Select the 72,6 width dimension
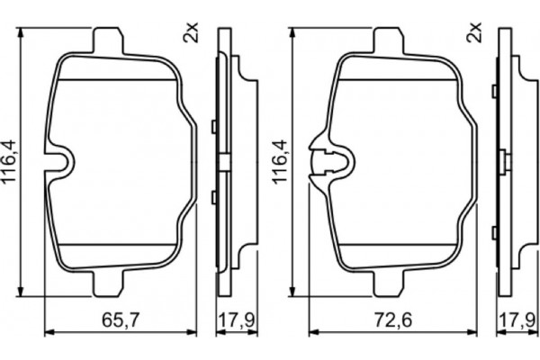coord(392,319)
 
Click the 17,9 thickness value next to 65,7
coord(235,319)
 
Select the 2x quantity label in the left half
coord(190,34)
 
